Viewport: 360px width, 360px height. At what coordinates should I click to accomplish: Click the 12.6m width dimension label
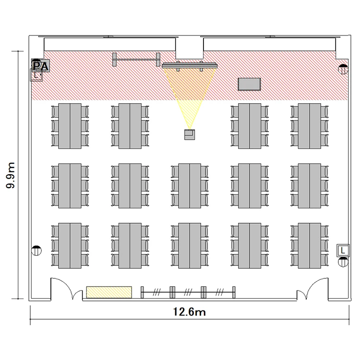click(x=189, y=312)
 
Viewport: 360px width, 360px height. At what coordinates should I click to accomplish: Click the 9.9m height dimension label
click(x=11, y=175)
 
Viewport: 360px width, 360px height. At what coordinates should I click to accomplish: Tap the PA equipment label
click(x=41, y=66)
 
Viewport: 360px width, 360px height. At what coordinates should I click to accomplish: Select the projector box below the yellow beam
click(x=190, y=134)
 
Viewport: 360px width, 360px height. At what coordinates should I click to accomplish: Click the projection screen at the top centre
click(x=190, y=66)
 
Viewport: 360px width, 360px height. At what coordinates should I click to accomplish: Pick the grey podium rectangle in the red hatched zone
click(x=249, y=84)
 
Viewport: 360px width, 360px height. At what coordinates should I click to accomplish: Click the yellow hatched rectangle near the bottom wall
click(x=109, y=292)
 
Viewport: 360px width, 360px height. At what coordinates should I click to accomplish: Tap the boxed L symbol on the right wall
click(x=343, y=251)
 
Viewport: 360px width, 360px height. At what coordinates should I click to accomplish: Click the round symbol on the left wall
click(x=36, y=250)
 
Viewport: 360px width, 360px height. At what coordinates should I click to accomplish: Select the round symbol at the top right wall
click(x=343, y=69)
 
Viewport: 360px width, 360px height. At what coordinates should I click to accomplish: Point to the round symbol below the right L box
click(x=343, y=262)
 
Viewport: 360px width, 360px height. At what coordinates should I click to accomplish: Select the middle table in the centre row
click(x=190, y=186)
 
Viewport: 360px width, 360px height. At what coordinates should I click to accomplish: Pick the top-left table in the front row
click(x=70, y=126)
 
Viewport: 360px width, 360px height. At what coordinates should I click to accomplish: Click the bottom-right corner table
click(x=310, y=245)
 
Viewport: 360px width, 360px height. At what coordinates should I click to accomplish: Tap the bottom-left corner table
click(x=70, y=245)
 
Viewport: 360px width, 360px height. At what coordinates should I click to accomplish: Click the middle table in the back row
click(x=190, y=245)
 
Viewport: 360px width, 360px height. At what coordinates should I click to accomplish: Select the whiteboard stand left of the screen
click(x=136, y=60)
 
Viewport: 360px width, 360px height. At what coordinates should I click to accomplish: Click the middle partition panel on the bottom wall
click(x=188, y=292)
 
